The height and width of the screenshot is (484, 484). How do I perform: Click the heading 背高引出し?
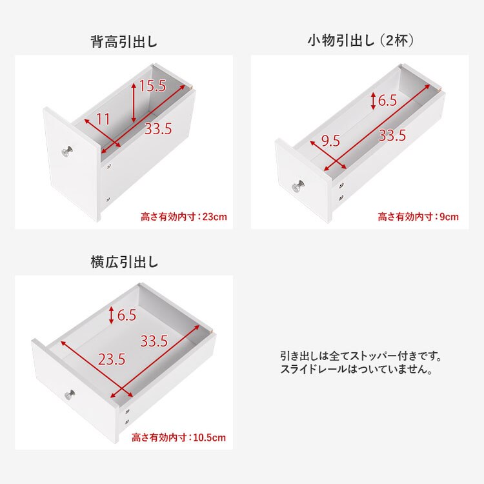125,42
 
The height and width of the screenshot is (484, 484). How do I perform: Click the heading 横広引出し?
125,263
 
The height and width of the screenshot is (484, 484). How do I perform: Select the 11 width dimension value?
103,119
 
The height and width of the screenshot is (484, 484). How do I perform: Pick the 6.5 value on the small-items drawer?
387,101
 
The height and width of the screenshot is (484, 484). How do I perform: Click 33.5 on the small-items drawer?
392,136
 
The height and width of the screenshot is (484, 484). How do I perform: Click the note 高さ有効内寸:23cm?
184,217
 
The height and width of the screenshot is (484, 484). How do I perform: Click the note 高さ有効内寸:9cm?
418,217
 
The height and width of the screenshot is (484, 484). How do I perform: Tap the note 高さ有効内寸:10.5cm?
179,438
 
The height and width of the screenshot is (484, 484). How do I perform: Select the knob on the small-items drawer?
298,187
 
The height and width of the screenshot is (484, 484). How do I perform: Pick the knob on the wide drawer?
68,395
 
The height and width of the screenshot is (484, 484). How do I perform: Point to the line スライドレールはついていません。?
356,370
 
